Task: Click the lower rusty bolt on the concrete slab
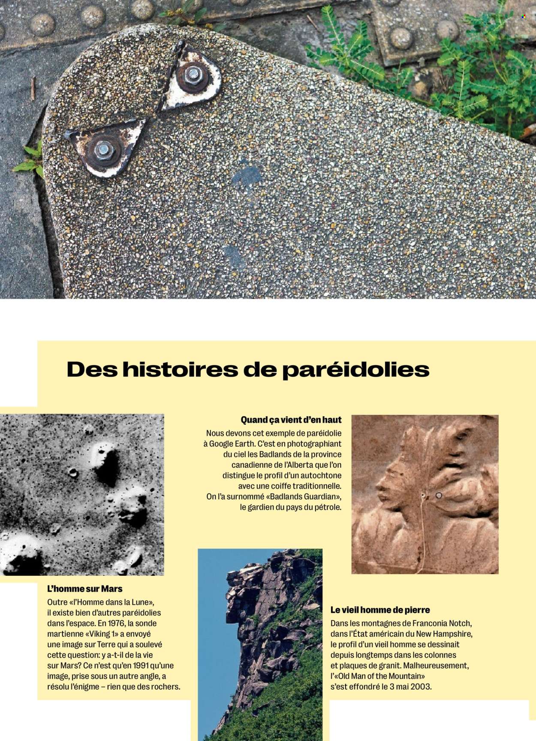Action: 103,150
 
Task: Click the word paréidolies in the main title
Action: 355,370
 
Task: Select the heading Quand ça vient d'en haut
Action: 291,420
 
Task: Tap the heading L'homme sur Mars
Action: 85,589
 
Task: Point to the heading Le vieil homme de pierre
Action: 380,610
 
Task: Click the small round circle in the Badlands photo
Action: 439,496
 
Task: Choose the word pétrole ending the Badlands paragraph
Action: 327,507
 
